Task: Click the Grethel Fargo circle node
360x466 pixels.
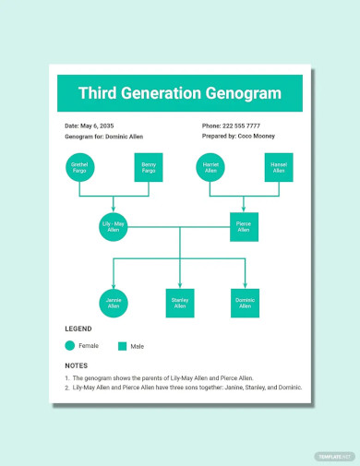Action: (79, 167)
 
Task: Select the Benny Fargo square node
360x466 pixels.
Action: (149, 167)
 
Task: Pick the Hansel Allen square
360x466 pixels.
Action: (279, 167)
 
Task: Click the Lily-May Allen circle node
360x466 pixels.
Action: (114, 226)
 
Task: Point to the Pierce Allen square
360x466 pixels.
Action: (244, 226)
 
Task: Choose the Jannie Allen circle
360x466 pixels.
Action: (114, 303)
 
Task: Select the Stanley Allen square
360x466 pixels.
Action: (180, 303)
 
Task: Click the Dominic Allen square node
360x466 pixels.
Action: (246, 303)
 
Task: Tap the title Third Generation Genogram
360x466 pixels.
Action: (179, 93)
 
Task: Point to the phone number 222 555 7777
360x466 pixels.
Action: (243, 125)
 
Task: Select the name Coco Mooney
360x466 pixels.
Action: (257, 136)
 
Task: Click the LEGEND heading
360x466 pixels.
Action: (78, 329)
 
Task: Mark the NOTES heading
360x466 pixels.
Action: (76, 365)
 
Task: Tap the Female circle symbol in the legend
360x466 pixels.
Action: (70, 346)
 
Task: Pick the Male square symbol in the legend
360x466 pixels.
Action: (122, 346)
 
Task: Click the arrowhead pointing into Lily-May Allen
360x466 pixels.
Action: (114, 209)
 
